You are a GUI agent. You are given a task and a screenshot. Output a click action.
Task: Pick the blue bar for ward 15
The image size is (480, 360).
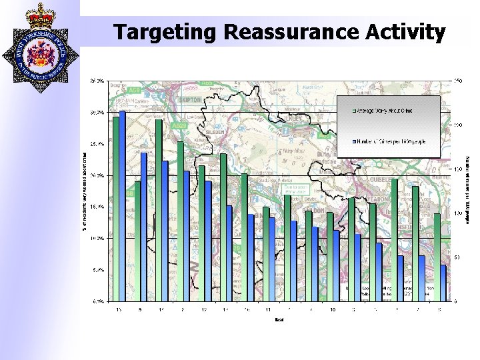[123, 206]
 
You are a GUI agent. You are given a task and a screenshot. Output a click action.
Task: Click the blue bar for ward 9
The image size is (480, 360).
[144, 227]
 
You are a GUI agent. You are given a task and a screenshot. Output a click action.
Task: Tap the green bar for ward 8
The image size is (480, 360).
[437, 257]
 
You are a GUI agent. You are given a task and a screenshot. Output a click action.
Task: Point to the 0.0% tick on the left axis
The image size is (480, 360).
[97, 301]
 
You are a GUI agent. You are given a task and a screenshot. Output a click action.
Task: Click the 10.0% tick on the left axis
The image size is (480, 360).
[97, 238]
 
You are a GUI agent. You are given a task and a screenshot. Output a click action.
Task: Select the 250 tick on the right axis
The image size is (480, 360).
[459, 81]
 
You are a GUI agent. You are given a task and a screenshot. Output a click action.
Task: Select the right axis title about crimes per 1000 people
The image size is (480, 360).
[469, 191]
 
